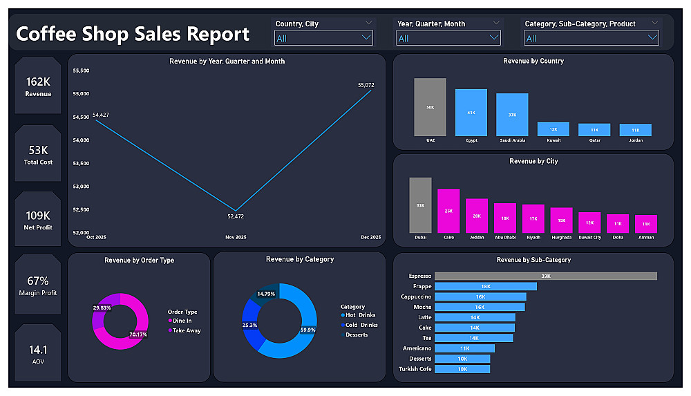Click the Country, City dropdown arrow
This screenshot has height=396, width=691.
click(366, 38)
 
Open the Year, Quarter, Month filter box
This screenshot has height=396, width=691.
click(448, 38)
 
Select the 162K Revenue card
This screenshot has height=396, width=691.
click(38, 86)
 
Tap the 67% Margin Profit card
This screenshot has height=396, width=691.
click(38, 285)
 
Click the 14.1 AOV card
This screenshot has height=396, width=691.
click(38, 353)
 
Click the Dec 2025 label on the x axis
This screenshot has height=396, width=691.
click(370, 237)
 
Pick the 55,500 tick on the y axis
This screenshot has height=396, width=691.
click(81, 70)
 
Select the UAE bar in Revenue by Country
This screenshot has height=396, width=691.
click(430, 107)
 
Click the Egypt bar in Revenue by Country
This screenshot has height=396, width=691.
click(471, 113)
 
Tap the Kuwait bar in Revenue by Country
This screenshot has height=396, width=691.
click(553, 129)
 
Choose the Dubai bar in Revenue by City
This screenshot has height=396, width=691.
click(420, 205)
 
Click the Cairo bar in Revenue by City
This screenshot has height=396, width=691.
click(448, 211)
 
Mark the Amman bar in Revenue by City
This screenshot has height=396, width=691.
click(646, 224)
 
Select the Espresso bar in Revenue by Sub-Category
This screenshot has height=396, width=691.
click(545, 276)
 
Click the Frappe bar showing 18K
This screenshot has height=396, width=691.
click(486, 286)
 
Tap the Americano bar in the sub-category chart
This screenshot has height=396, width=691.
click(464, 348)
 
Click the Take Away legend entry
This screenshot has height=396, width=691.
click(185, 330)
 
